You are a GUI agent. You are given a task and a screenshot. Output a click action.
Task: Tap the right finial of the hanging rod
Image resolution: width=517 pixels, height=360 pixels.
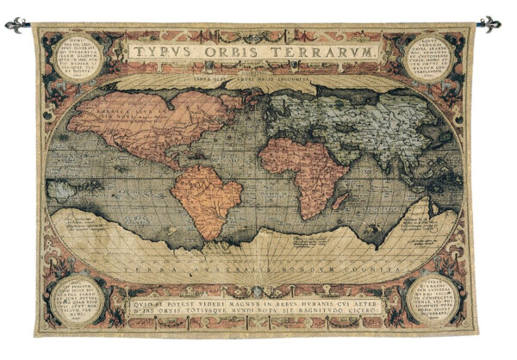492,24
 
